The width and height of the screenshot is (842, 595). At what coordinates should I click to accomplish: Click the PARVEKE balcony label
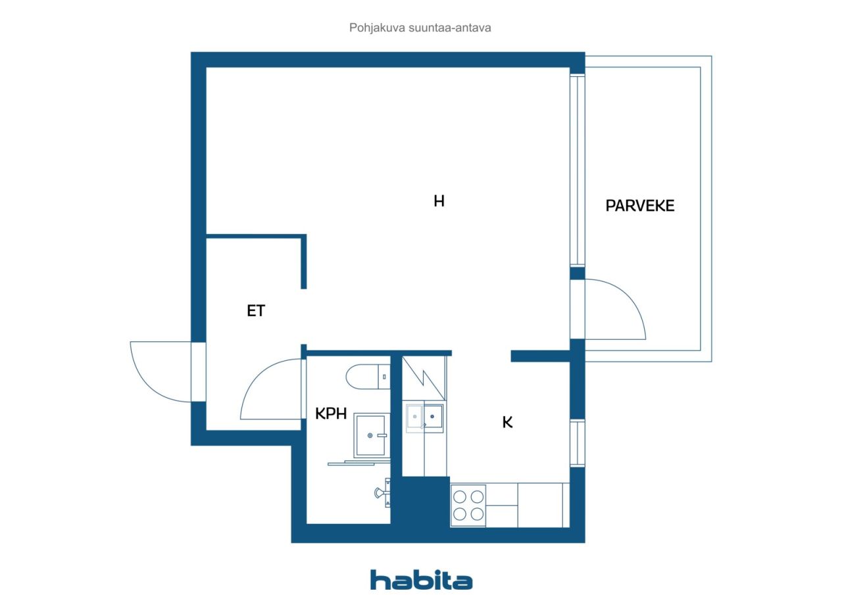pyautogui.click(x=640, y=206)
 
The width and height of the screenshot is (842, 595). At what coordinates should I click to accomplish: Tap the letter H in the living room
pyautogui.click(x=439, y=201)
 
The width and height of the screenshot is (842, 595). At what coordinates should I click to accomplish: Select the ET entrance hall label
pyautogui.click(x=256, y=310)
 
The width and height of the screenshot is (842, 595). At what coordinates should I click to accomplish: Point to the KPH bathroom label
pyautogui.click(x=331, y=414)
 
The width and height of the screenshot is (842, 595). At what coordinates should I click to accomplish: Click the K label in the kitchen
pyautogui.click(x=507, y=422)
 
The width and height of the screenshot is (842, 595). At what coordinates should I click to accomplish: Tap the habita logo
pyautogui.click(x=421, y=580)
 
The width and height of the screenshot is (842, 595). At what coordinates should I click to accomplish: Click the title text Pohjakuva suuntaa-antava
pyautogui.click(x=420, y=28)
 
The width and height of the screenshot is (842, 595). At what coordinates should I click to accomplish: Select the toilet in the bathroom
pyautogui.click(x=368, y=376)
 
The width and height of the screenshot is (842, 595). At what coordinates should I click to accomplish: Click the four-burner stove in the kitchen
pyautogui.click(x=468, y=505)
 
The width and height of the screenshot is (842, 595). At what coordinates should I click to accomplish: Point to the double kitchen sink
pyautogui.click(x=424, y=417)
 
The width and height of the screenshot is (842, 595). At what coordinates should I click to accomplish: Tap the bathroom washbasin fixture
pyautogui.click(x=383, y=493)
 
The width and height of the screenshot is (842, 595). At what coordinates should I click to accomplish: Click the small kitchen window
pyautogui.click(x=578, y=443)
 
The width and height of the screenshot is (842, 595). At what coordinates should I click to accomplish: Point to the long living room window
pyautogui.click(x=578, y=170)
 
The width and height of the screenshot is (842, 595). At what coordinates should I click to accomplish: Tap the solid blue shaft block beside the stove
pyautogui.click(x=421, y=502)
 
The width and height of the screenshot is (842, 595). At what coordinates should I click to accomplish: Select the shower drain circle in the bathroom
pyautogui.click(x=370, y=435)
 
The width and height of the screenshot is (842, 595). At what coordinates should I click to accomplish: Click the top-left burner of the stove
pyautogui.click(x=460, y=496)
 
